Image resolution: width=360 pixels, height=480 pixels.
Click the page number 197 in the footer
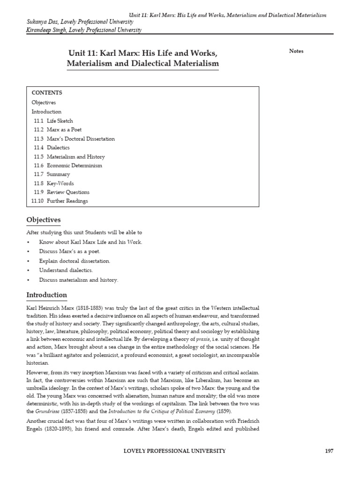[x=329, y=451]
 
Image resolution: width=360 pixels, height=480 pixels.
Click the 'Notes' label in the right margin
[x=296, y=51]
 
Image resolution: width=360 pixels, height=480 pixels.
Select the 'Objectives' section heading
[x=43, y=220]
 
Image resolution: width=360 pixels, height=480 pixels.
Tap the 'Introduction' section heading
[x=46, y=295]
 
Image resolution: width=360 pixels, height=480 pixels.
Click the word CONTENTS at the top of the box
[x=47, y=93]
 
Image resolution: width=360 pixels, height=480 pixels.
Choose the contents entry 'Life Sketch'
[x=60, y=121]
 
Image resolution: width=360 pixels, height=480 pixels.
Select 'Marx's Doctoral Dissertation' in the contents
[x=81, y=139]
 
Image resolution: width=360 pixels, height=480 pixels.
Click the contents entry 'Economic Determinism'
[x=74, y=165]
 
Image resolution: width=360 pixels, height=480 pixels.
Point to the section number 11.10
[x=37, y=201]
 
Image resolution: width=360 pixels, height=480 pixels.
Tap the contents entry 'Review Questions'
[x=68, y=192]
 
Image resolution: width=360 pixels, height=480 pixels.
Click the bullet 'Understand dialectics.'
[x=66, y=270]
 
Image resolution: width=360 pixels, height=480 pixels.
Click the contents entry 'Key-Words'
[x=60, y=183]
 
